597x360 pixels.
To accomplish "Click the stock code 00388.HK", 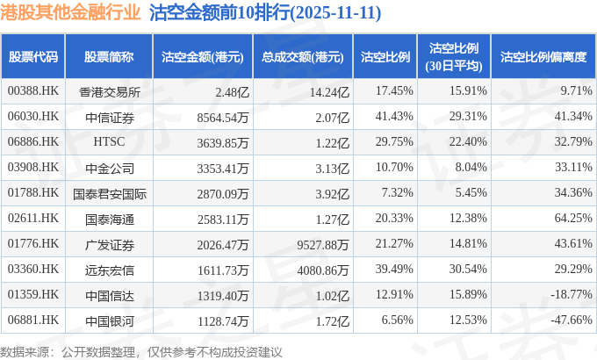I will tap(33, 91).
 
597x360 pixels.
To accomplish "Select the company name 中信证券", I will tap(109, 117).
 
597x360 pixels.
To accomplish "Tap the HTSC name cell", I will tap(109, 141).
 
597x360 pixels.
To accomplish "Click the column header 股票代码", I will tap(33, 57).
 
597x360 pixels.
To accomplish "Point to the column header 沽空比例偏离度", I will tap(543, 57).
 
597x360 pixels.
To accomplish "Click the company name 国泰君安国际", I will tap(109, 192).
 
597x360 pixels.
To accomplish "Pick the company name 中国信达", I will tap(109, 293).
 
